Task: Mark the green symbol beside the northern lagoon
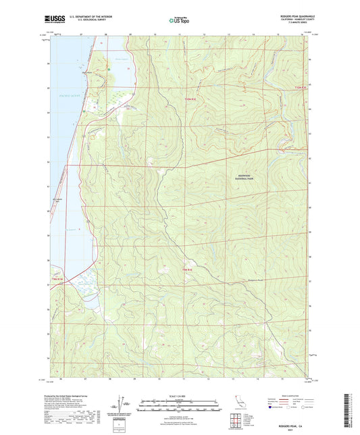pos(107,68)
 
